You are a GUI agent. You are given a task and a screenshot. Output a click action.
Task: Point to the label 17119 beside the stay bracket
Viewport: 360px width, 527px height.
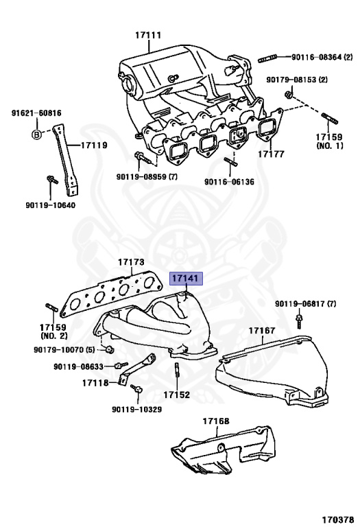pos(94,145)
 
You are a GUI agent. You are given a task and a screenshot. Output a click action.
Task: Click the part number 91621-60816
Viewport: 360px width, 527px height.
pos(36,113)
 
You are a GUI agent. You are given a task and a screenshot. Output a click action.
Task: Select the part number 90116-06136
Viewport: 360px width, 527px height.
pos(228,183)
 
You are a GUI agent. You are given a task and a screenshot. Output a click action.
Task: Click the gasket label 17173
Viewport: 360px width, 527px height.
pos(130,263)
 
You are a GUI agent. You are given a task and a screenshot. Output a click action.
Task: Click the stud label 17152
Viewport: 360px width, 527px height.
pos(176,395)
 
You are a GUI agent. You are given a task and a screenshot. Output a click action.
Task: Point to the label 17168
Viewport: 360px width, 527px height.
pos(216,421)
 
